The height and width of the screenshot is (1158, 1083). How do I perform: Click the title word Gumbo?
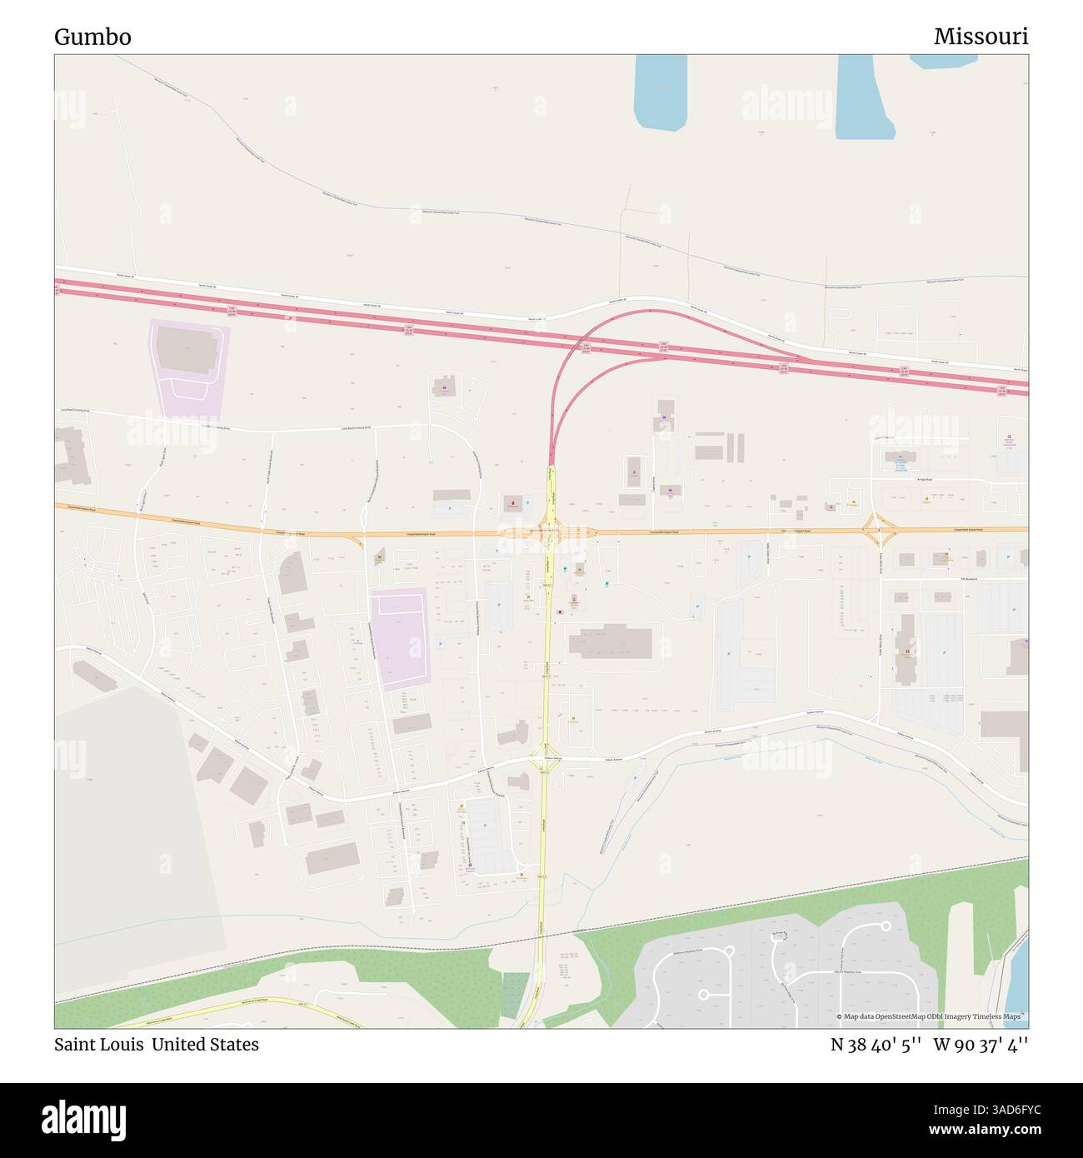pyautogui.click(x=92, y=37)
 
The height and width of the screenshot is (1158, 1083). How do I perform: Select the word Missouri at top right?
pyautogui.click(x=981, y=37)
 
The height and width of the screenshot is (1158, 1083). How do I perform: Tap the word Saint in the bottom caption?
pyautogui.click(x=76, y=1044)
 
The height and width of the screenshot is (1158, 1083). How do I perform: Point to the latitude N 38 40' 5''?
pyautogui.click(x=875, y=1044)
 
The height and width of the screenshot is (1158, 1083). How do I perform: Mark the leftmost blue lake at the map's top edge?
pyautogui.click(x=660, y=92)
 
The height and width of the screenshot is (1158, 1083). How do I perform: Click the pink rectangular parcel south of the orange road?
pyautogui.click(x=401, y=637)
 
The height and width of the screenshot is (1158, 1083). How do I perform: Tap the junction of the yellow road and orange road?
pyautogui.click(x=549, y=532)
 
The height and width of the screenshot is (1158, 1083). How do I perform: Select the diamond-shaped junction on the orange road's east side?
pyautogui.click(x=880, y=528)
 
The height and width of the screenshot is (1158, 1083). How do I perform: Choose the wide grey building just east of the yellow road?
pyautogui.click(x=610, y=641)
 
